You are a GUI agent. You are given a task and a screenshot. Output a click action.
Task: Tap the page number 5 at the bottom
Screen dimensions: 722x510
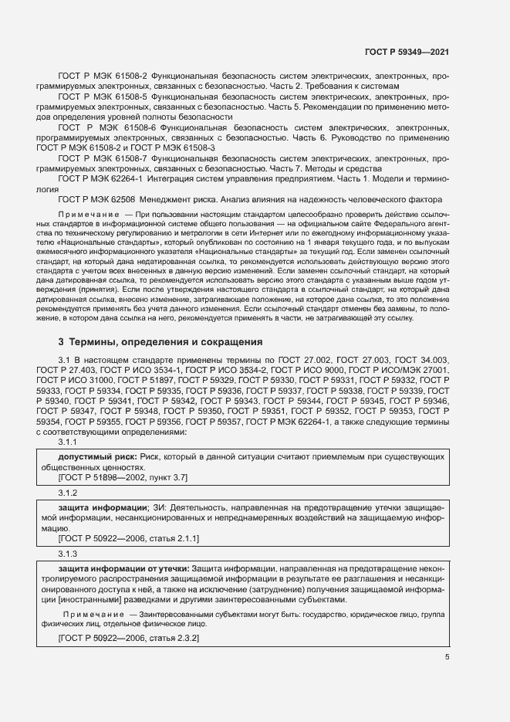tap(447, 657)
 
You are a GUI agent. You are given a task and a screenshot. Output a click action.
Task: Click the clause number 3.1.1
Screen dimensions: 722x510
tap(68, 442)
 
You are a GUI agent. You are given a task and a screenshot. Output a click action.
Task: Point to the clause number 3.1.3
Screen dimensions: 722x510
tap(68, 554)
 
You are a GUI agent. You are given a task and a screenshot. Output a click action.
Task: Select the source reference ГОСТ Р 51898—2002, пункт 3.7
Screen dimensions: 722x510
tap(123, 478)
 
